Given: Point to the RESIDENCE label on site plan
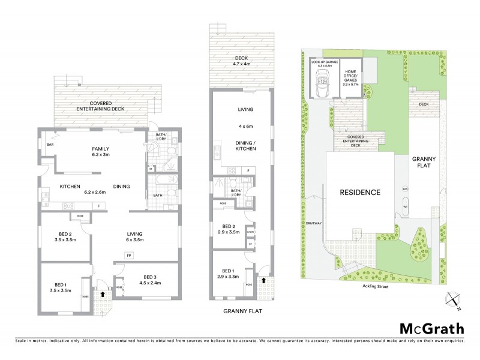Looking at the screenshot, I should pos(361,193).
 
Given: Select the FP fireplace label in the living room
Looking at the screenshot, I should pos(128,256).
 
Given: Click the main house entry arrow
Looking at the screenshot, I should pos(103,295).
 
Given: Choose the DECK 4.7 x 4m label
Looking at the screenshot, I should pos(242,61).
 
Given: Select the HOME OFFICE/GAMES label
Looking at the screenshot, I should pos(350,77).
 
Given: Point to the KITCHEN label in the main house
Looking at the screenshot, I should pos(70,187).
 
